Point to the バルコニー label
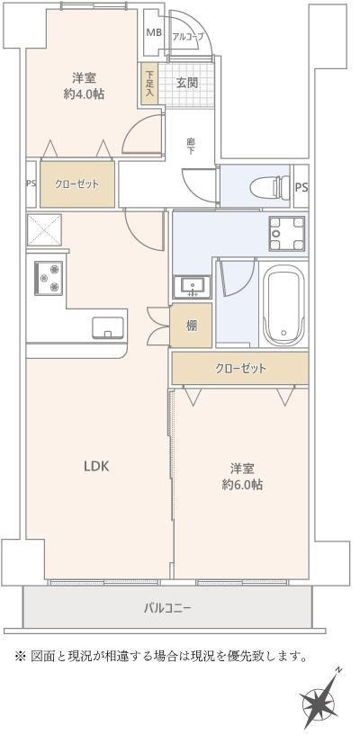click(167, 608)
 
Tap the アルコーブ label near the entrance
click(188, 36)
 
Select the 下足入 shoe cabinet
click(149, 82)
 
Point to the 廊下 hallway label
click(191, 144)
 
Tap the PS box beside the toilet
click(301, 187)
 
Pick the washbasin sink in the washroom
click(190, 286)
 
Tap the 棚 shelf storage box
click(192, 326)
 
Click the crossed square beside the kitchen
click(43, 230)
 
